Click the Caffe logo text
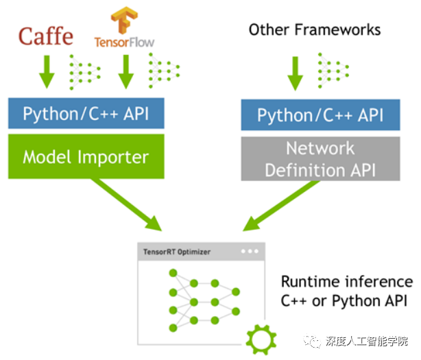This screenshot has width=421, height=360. pyautogui.click(x=45, y=35)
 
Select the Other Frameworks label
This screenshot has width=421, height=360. pyautogui.click(x=315, y=29)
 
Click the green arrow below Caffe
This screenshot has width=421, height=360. pyautogui.click(x=46, y=71)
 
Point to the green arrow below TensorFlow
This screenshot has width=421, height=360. pyautogui.click(x=125, y=71)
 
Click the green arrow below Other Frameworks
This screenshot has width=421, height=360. pyautogui.click(x=295, y=71)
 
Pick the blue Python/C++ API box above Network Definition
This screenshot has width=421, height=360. pyautogui.click(x=320, y=115)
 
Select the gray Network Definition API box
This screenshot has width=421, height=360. pyautogui.click(x=320, y=159)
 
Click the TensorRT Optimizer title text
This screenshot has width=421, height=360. pyautogui.click(x=177, y=252)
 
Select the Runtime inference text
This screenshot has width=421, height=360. pyautogui.click(x=347, y=282)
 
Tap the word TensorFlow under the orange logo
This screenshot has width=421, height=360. pyautogui.click(x=125, y=42)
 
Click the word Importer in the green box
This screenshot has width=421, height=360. pyautogui.click(x=116, y=157)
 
